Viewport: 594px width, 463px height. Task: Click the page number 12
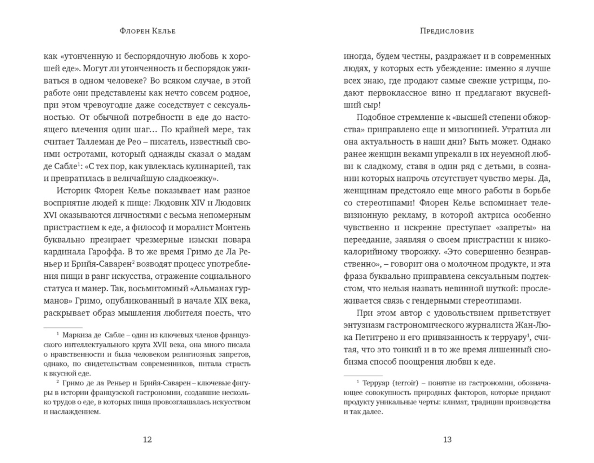coord(148,440)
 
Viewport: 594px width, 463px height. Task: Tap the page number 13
coord(447,440)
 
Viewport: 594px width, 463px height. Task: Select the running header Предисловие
coord(447,31)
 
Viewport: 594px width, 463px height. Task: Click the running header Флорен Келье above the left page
coord(148,31)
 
